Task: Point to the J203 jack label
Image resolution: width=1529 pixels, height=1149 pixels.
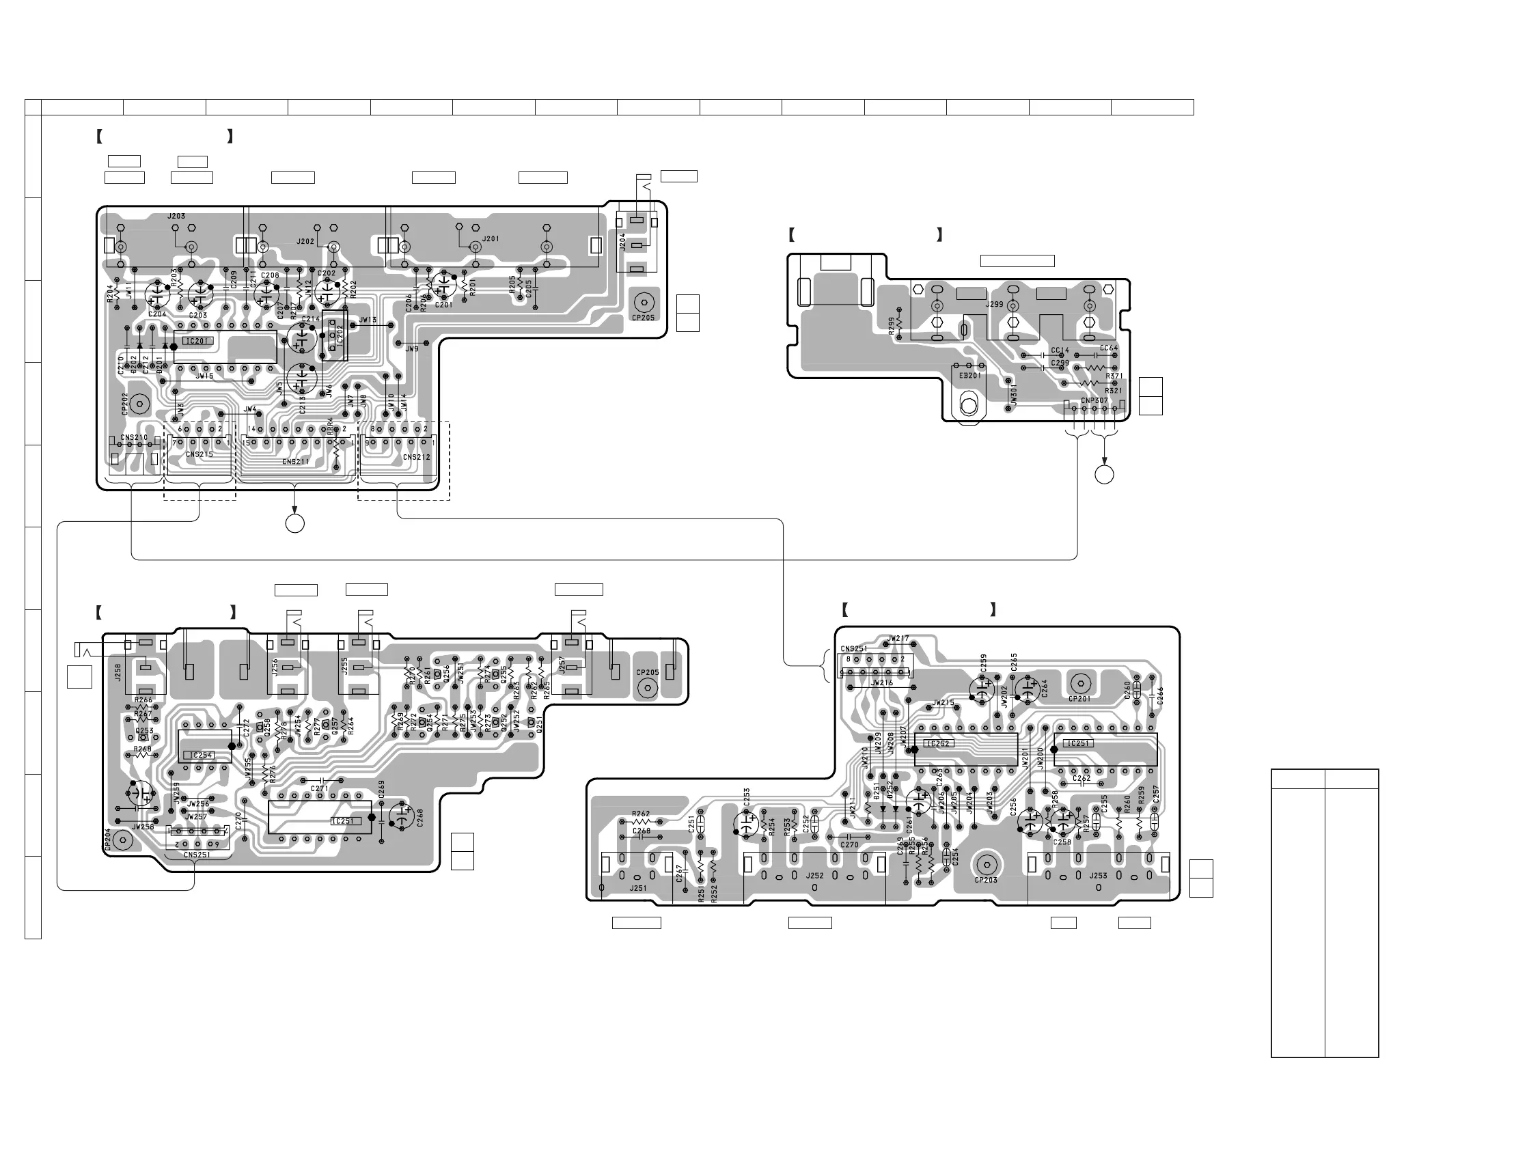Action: [176, 217]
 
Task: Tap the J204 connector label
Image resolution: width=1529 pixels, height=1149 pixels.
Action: [622, 241]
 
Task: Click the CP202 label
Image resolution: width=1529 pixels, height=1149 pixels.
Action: [125, 404]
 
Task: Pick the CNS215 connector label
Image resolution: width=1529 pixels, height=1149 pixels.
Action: [199, 454]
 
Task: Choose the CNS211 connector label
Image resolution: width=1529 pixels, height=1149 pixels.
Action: [296, 461]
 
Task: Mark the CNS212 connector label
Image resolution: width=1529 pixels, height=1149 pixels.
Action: [416, 457]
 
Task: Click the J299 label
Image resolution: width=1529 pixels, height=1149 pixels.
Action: [994, 304]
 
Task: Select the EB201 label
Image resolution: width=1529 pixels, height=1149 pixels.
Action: [969, 376]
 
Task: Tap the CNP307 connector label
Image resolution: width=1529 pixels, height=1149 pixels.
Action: [1094, 400]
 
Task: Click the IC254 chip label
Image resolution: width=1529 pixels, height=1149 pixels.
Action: [201, 755]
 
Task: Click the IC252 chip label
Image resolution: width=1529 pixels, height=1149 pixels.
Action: [938, 744]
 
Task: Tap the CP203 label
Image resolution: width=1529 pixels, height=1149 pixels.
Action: [986, 880]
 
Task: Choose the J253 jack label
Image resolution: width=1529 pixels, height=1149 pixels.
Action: [1099, 875]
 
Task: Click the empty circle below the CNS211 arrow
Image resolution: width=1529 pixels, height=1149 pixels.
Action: [295, 523]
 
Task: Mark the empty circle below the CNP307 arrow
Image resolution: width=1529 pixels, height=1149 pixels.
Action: [1105, 475]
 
